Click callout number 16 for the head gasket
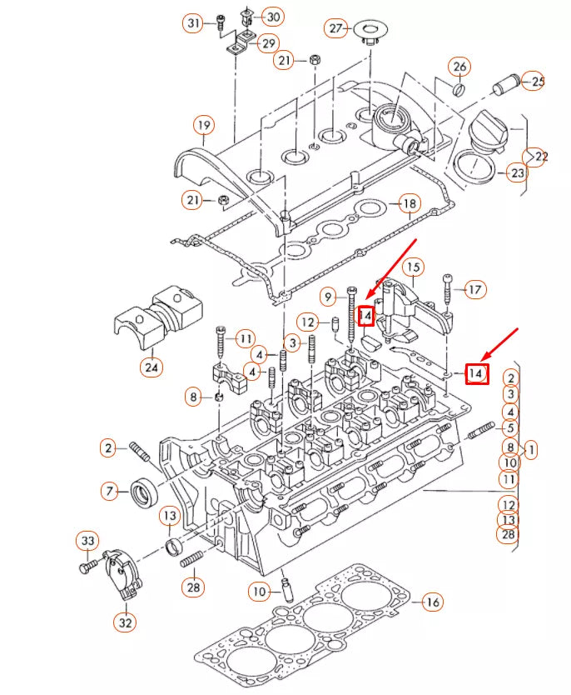click(x=430, y=602)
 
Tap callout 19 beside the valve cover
click(x=204, y=126)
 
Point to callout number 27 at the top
click(x=336, y=28)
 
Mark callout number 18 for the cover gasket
click(x=408, y=203)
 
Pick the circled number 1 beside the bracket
click(x=529, y=449)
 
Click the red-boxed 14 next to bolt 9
click(x=366, y=316)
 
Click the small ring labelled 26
click(x=459, y=89)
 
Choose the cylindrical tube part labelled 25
click(x=505, y=83)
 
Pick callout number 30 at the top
click(x=274, y=16)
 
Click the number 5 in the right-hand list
click(x=510, y=428)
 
